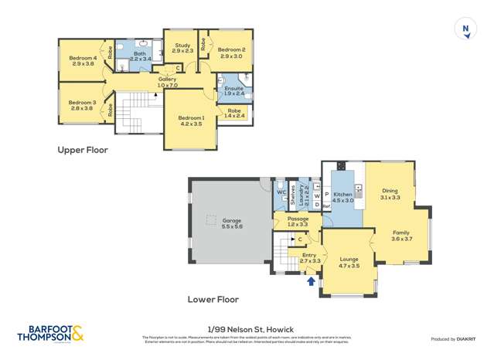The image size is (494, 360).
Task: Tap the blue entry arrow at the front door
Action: [x=312, y=282]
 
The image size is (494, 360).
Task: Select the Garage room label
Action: [x=233, y=222]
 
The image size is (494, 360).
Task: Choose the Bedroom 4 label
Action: [x=83, y=61]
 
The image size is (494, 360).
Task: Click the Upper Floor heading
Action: [x=83, y=150]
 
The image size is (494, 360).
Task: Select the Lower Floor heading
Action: [x=213, y=299]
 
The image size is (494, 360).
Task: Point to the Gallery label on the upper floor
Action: [x=168, y=81]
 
